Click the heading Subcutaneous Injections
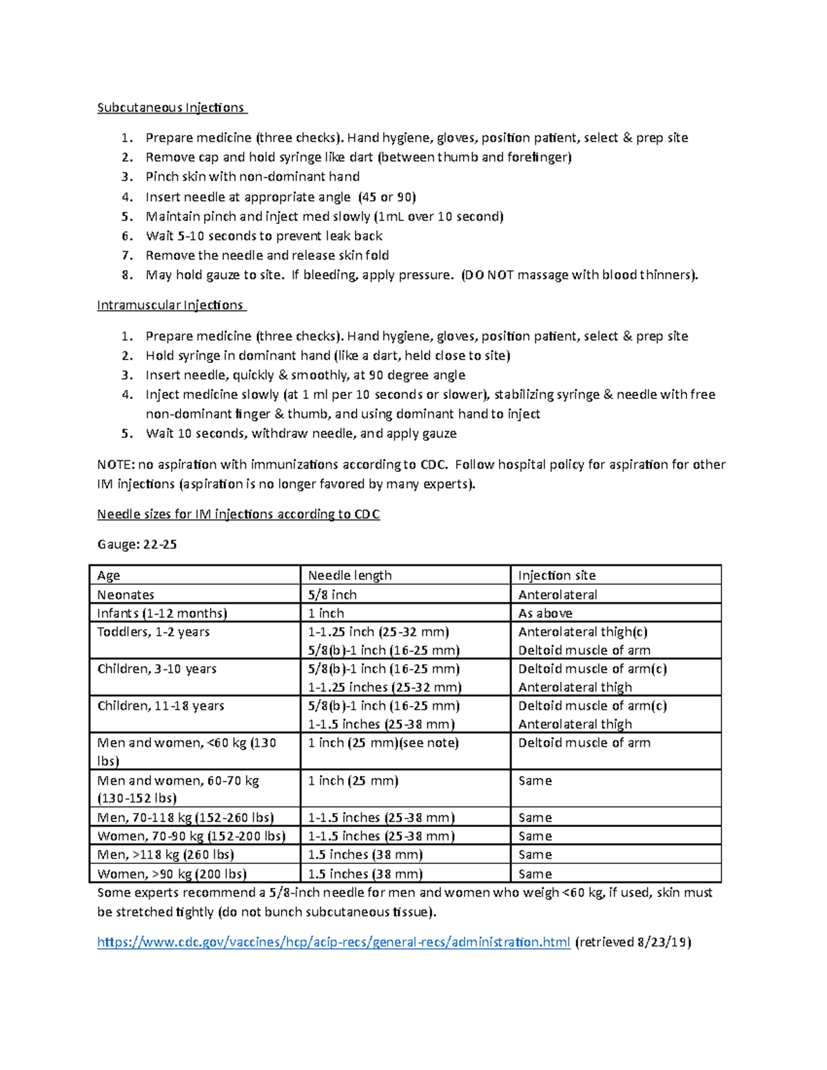coord(171,107)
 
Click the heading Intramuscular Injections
coord(171,305)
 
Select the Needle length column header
coord(349,575)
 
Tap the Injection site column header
coord(557,575)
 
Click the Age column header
coord(109,575)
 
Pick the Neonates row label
coord(125,595)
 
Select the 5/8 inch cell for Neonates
coord(332,595)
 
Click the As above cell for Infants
coord(545,613)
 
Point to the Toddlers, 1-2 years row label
coord(153,632)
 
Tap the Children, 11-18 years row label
coord(161,706)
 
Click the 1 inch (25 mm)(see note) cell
coord(383,743)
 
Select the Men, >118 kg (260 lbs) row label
coord(165,854)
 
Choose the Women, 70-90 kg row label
coord(191,836)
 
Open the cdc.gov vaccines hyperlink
coord(334,942)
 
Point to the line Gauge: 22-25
coord(137,544)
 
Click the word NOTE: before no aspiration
coord(116,464)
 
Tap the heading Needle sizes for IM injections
coord(238,514)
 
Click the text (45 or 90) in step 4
coord(387,197)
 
